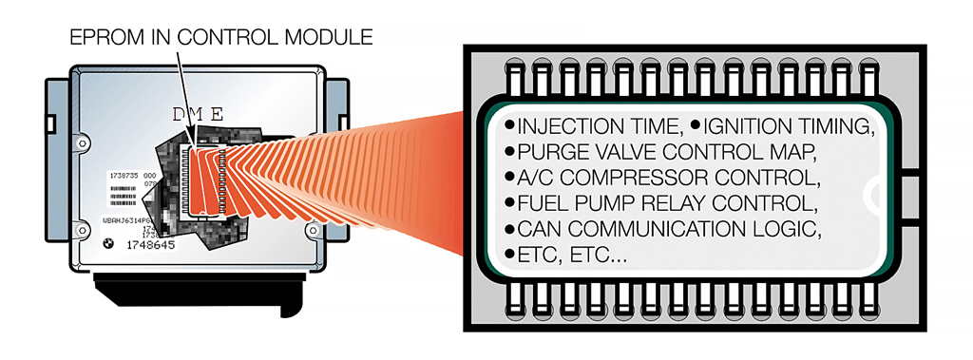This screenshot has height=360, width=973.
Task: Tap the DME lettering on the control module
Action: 198,115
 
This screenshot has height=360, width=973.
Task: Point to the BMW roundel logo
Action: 110,243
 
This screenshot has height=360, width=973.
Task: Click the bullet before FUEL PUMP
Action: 510,203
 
